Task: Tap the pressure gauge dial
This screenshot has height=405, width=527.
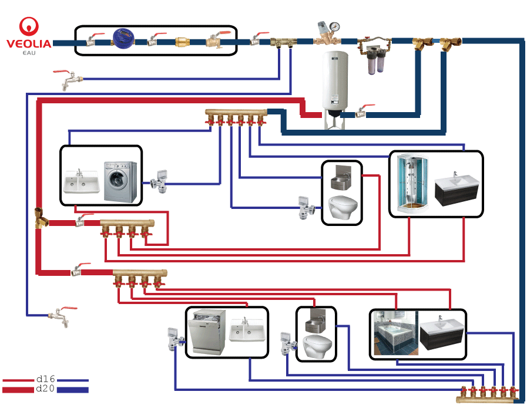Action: (x=335, y=27)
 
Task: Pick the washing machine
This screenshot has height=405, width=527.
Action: (x=120, y=181)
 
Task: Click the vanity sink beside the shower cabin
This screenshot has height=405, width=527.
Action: (x=455, y=188)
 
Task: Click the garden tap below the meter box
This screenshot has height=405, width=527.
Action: (x=66, y=79)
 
